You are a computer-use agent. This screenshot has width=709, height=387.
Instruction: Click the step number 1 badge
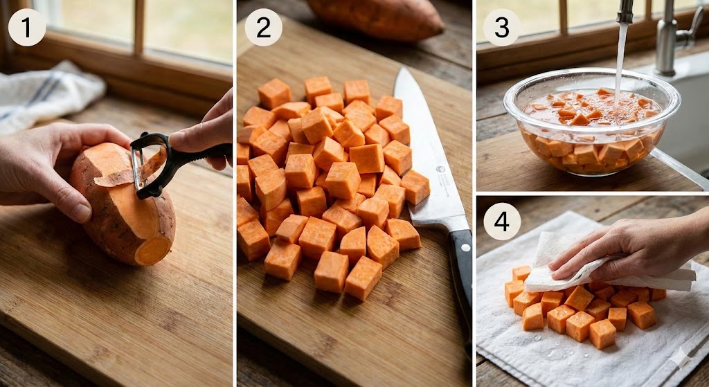coord(27,27)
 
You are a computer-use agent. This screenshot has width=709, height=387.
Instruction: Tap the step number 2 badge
coord(264,27)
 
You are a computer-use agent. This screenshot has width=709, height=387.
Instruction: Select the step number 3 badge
coord(501,27)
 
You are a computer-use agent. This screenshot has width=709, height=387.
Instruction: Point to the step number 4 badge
coord(501,221)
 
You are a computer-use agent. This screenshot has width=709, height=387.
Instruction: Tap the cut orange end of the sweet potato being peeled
coord(153,251)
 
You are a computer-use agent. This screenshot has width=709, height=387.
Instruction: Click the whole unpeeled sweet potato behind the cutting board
coord(376,18)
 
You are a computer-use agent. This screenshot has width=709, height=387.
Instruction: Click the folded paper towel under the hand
coord(602,267)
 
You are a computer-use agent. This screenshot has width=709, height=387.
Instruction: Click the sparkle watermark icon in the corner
coord(683,359)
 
